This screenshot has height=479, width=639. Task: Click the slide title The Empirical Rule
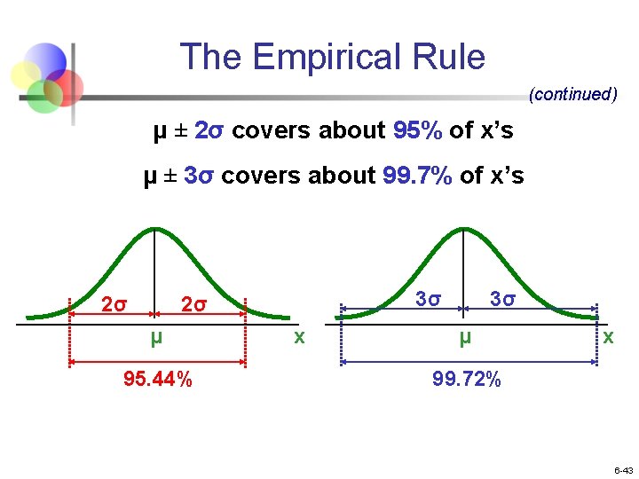click(333, 58)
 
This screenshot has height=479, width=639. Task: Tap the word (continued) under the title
click(572, 94)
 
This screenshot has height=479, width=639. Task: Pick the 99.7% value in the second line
click(417, 176)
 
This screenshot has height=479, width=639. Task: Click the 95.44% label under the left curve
click(158, 380)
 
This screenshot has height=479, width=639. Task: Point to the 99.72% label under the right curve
click(467, 380)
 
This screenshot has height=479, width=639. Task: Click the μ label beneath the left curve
click(156, 338)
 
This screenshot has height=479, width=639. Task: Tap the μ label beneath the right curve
click(464, 338)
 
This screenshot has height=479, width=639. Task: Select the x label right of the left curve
click(299, 337)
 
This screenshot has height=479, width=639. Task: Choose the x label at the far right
click(608, 338)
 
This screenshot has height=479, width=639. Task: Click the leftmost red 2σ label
click(114, 305)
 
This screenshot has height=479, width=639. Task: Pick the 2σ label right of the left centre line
click(194, 305)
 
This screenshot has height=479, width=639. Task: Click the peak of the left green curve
click(155, 228)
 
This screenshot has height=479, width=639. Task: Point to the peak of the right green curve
click(463, 228)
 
